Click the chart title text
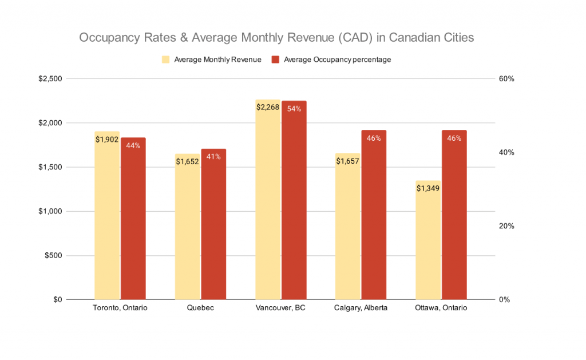click(x=276, y=38)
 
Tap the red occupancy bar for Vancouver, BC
click(x=294, y=200)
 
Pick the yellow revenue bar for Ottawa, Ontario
click(x=428, y=240)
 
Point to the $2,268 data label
click(x=268, y=107)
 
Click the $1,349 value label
click(x=428, y=188)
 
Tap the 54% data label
click(x=294, y=109)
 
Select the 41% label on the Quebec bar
click(x=213, y=157)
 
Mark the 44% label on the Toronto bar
click(x=133, y=145)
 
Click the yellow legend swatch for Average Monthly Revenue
click(x=166, y=60)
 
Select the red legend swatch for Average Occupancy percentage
click(x=275, y=60)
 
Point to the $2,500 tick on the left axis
click(x=50, y=79)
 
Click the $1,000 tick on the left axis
click(x=50, y=211)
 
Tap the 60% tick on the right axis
click(x=507, y=79)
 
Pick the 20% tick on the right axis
click(x=507, y=226)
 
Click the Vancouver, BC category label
click(x=281, y=308)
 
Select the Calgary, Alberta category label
click(x=361, y=308)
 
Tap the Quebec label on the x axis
click(x=200, y=308)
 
